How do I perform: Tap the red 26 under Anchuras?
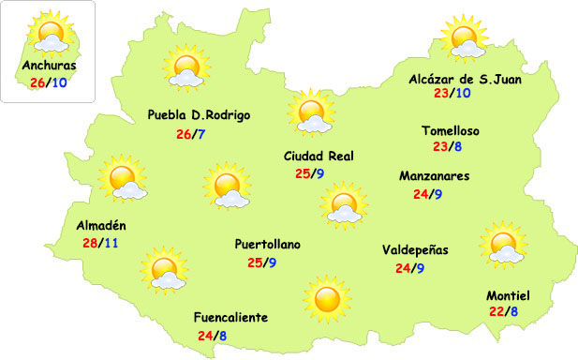tap(37, 82)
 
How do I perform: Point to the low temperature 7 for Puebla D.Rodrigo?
tap(201, 133)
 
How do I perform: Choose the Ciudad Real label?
tap(318, 157)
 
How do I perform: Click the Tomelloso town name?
tap(451, 131)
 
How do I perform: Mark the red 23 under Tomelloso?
tap(439, 146)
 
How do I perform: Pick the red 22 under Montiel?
tap(496, 311)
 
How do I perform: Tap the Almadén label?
tap(101, 226)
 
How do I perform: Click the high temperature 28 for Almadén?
tap(92, 243)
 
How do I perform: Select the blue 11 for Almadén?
tap(111, 243)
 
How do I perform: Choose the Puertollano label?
tap(268, 245)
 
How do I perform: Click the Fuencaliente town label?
tap(230, 318)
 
